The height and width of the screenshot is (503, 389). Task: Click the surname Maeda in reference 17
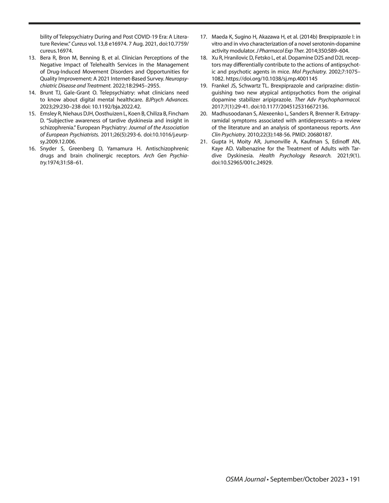coord(219,37)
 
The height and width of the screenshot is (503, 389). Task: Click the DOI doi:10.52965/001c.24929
coord(242,163)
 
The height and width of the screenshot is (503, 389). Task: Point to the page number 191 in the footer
coord(355,479)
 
